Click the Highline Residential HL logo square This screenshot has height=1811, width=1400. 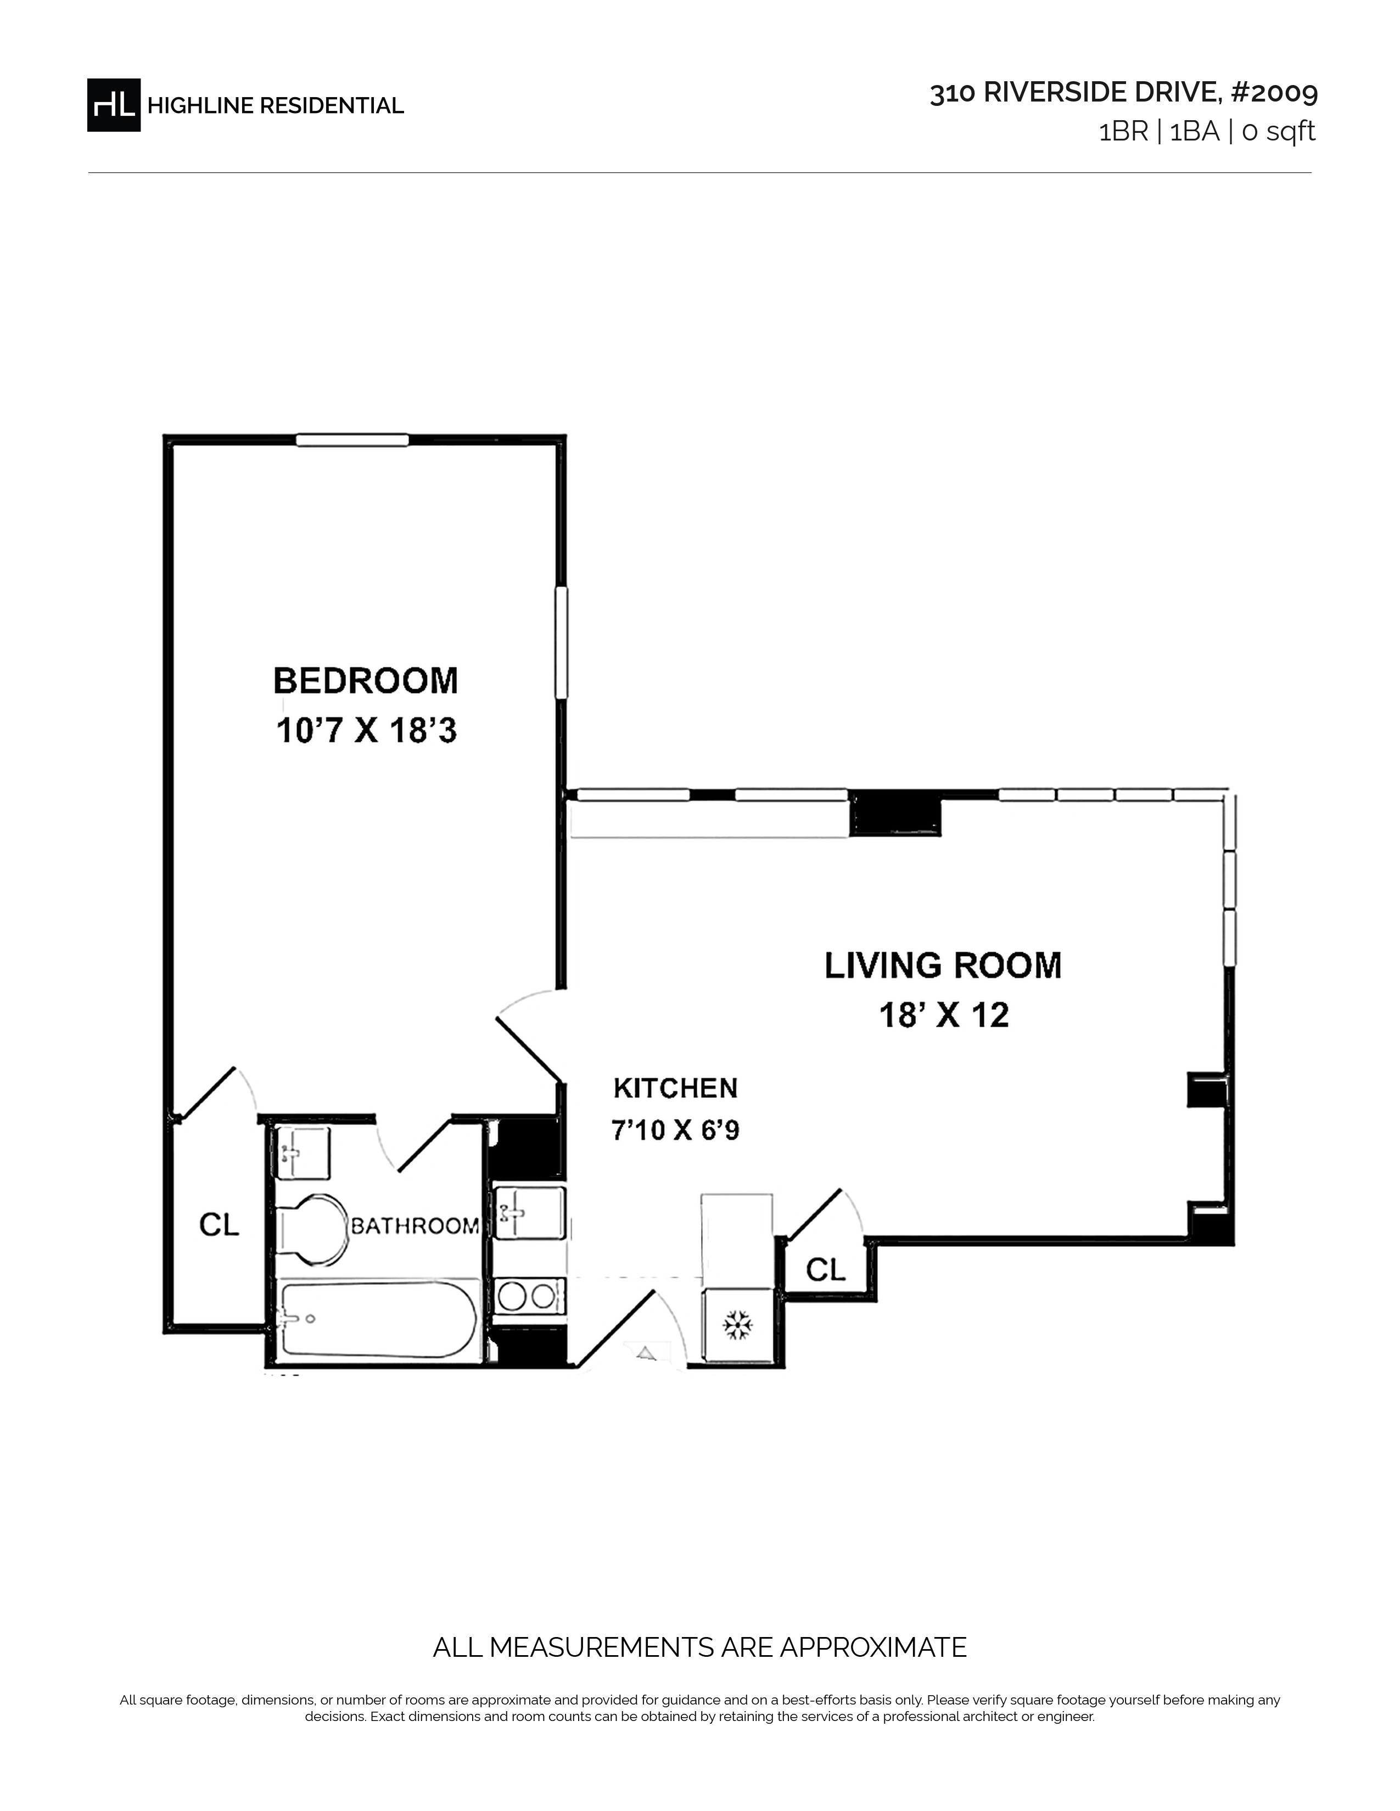click(x=114, y=105)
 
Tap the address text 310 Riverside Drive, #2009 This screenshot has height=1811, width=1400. click(x=1123, y=93)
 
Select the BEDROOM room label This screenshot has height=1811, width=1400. click(x=366, y=681)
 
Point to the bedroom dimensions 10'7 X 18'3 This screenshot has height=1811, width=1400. click(x=366, y=732)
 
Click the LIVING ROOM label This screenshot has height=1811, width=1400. click(x=943, y=966)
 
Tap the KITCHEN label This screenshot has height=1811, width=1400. click(x=675, y=1088)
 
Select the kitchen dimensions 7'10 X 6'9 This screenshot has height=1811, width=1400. click(x=675, y=1130)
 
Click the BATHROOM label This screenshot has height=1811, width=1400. click(x=415, y=1225)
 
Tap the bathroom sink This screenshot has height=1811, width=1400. click(x=303, y=1154)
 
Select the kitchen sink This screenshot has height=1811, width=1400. click(x=529, y=1214)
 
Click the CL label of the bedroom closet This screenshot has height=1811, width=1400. click(x=219, y=1225)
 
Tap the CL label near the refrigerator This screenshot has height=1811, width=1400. click(x=826, y=1269)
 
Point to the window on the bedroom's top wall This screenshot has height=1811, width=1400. click(x=352, y=440)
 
